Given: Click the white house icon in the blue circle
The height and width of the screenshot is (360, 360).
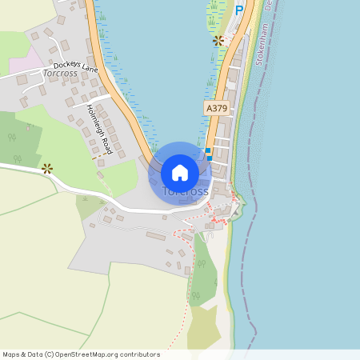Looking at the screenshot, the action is (x=180, y=172).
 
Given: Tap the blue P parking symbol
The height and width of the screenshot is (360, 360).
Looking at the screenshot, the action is (x=238, y=10).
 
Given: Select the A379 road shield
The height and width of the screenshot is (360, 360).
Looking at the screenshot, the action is (x=215, y=106).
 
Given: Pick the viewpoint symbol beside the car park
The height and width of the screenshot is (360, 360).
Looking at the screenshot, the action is (x=218, y=40).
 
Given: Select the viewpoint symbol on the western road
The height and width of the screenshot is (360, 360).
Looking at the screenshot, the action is (x=47, y=168).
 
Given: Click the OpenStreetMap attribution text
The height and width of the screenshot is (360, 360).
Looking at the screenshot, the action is (x=81, y=354).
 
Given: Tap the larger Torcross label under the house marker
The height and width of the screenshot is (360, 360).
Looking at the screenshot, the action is (x=186, y=192).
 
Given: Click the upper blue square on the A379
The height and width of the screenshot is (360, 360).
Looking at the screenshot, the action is (x=208, y=150).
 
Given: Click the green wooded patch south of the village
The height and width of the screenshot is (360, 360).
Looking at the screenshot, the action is (x=203, y=276).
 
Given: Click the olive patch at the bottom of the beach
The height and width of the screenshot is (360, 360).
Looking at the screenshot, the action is (x=203, y=328).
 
